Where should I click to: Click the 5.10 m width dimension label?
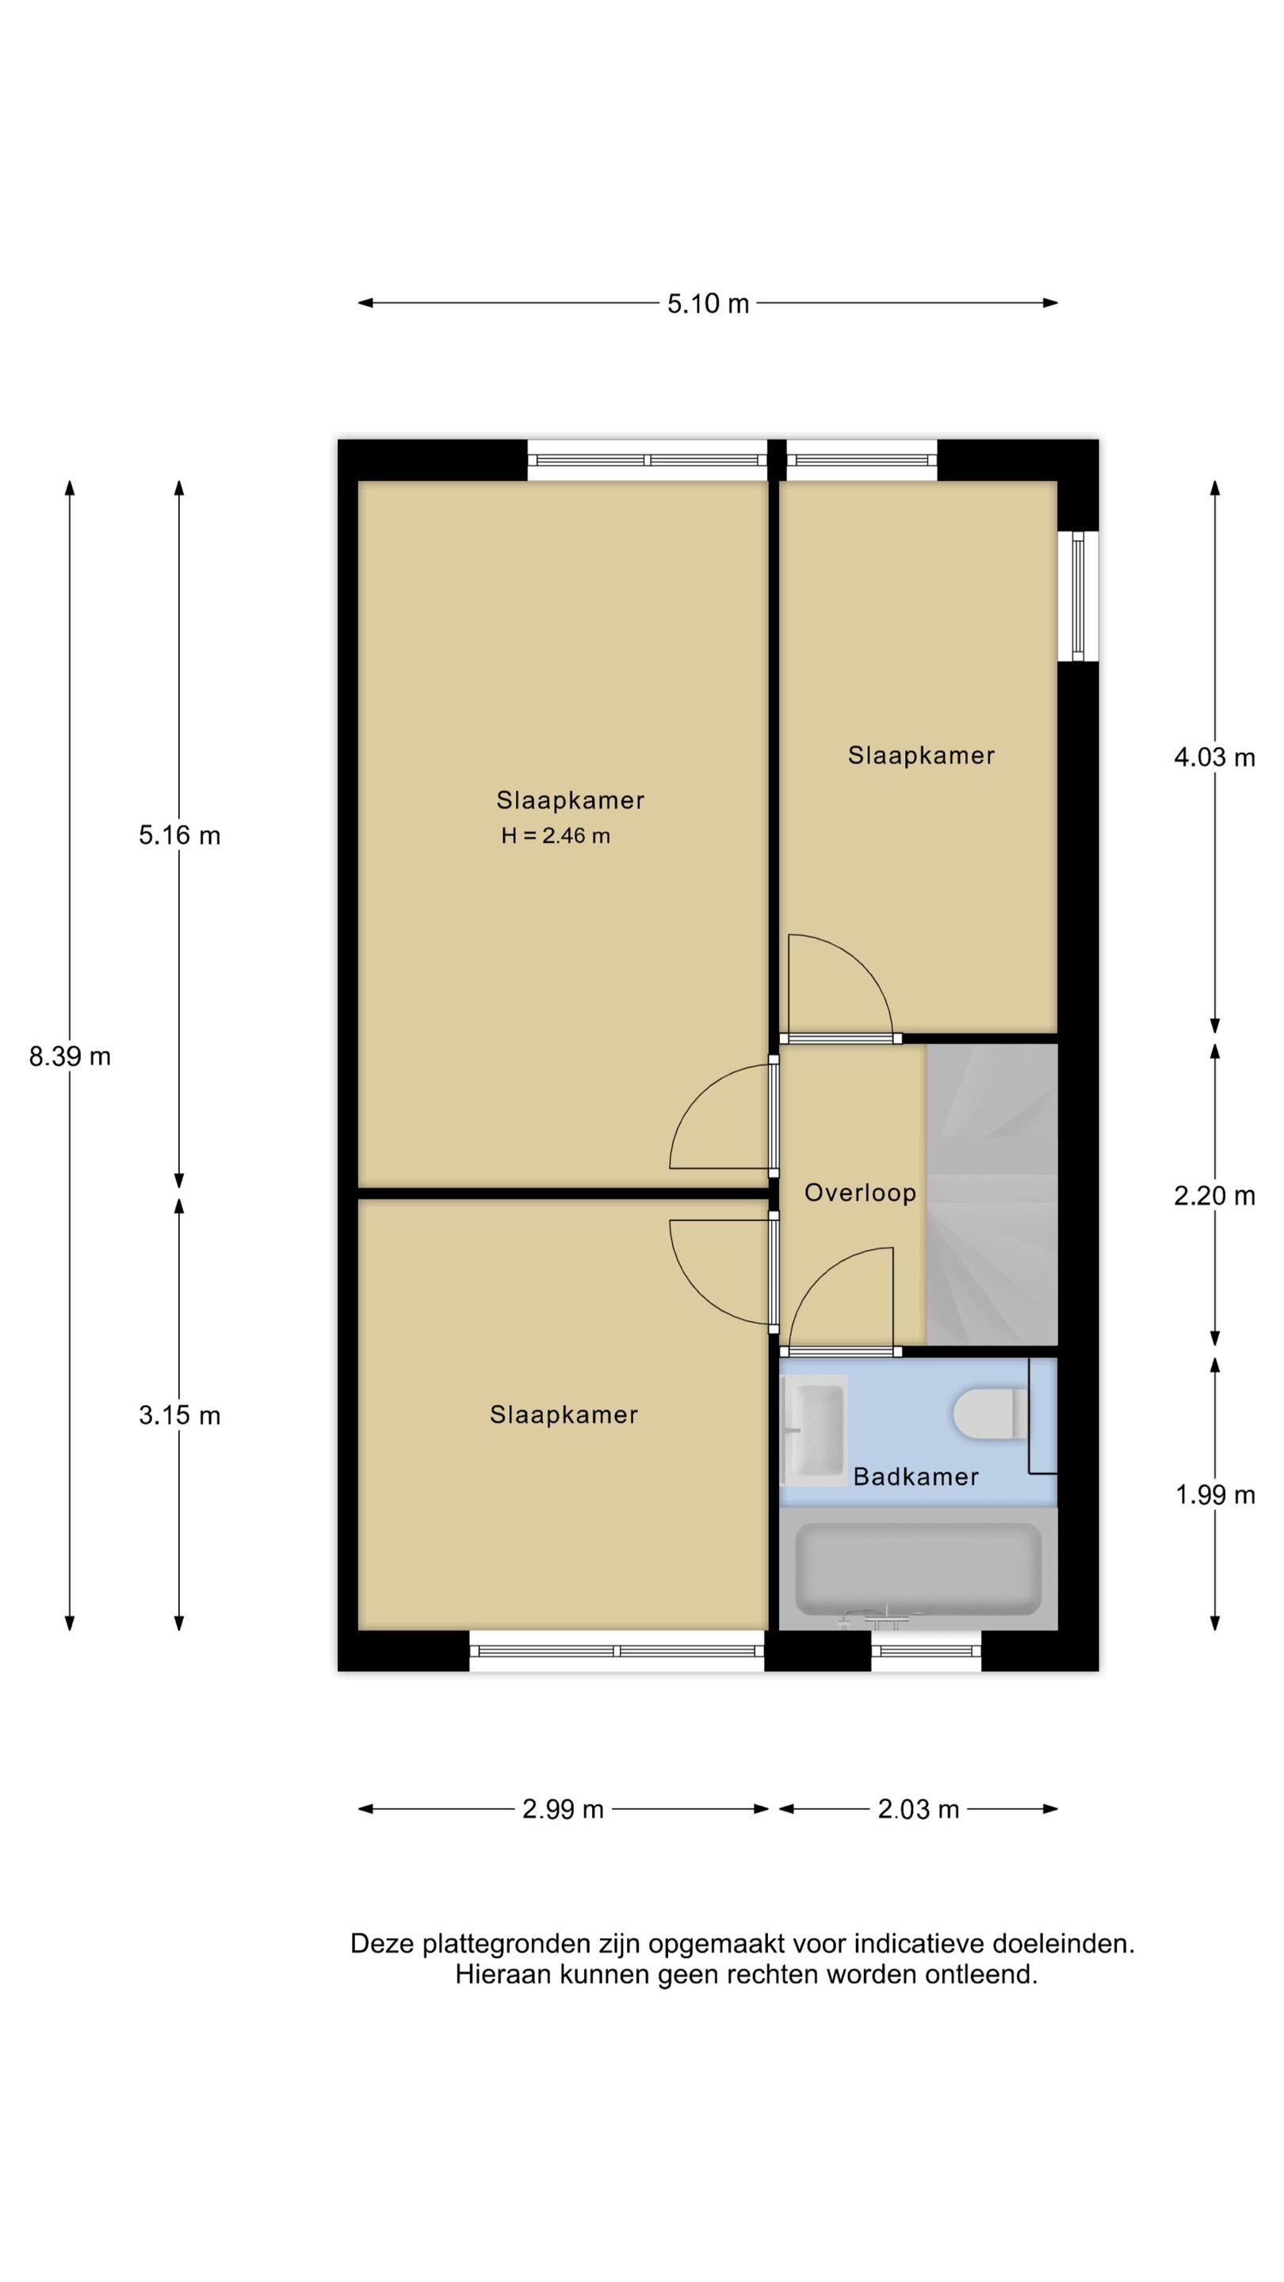pos(707,303)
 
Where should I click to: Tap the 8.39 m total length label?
pos(70,1056)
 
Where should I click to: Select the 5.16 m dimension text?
pos(179,835)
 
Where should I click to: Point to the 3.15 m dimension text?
pos(179,1414)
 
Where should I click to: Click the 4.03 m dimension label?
pos(1214,757)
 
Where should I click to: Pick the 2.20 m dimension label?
pos(1214,1196)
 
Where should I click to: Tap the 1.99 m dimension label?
pos(1215,1494)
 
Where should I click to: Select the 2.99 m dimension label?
pos(563,1808)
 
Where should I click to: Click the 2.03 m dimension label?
pos(918,1808)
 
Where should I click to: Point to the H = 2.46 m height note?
pos(556,835)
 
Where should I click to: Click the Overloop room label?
pos(859,1193)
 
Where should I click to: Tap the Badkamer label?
pos(915,1477)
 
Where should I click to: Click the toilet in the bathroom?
pos(991,1414)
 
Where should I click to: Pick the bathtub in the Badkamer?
pos(918,1569)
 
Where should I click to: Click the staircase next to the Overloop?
pos(992,1194)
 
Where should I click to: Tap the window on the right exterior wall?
pos(1078,595)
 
